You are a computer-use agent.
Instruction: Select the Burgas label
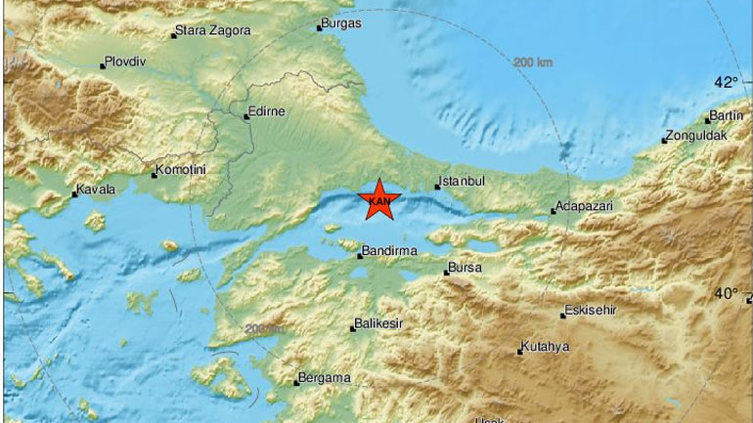342,22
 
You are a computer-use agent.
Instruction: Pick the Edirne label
268,111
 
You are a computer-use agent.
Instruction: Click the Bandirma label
391,251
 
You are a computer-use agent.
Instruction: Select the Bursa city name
465,267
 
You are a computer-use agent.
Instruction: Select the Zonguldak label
697,136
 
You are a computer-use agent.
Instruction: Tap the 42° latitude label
726,82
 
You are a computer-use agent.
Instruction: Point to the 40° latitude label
726,292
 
